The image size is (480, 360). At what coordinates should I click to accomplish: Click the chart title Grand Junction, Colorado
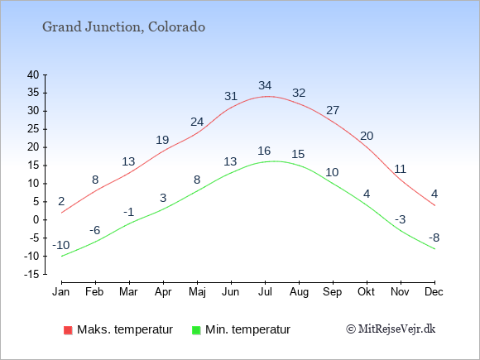click(123, 27)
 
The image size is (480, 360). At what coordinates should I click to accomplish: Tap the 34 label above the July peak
click(265, 85)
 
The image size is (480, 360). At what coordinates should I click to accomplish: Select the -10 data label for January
click(61, 245)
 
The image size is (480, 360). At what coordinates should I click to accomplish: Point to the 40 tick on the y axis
click(33, 74)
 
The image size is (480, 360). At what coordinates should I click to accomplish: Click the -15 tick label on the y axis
click(31, 274)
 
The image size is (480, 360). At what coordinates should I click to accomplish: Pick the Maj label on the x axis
click(197, 292)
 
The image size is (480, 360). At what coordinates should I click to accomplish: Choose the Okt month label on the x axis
click(366, 292)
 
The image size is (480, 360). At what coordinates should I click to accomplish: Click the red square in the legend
click(68, 330)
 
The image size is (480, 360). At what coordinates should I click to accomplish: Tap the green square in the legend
click(196, 330)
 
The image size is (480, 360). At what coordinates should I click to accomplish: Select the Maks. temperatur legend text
click(125, 329)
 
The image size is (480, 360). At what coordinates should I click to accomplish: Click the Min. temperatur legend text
click(247, 329)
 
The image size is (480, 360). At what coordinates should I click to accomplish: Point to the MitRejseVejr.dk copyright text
click(391, 329)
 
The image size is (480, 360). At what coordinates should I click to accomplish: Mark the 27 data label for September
click(333, 110)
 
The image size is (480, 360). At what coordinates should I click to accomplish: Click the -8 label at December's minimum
click(434, 238)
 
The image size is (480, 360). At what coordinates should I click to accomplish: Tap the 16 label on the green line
click(264, 151)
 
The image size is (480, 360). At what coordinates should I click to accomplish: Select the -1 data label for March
click(129, 212)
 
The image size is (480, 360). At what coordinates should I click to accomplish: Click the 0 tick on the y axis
click(36, 220)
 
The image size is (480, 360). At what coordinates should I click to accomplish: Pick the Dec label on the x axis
click(434, 292)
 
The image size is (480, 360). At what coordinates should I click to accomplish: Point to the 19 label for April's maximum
click(162, 140)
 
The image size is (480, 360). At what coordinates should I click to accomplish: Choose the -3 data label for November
click(400, 219)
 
